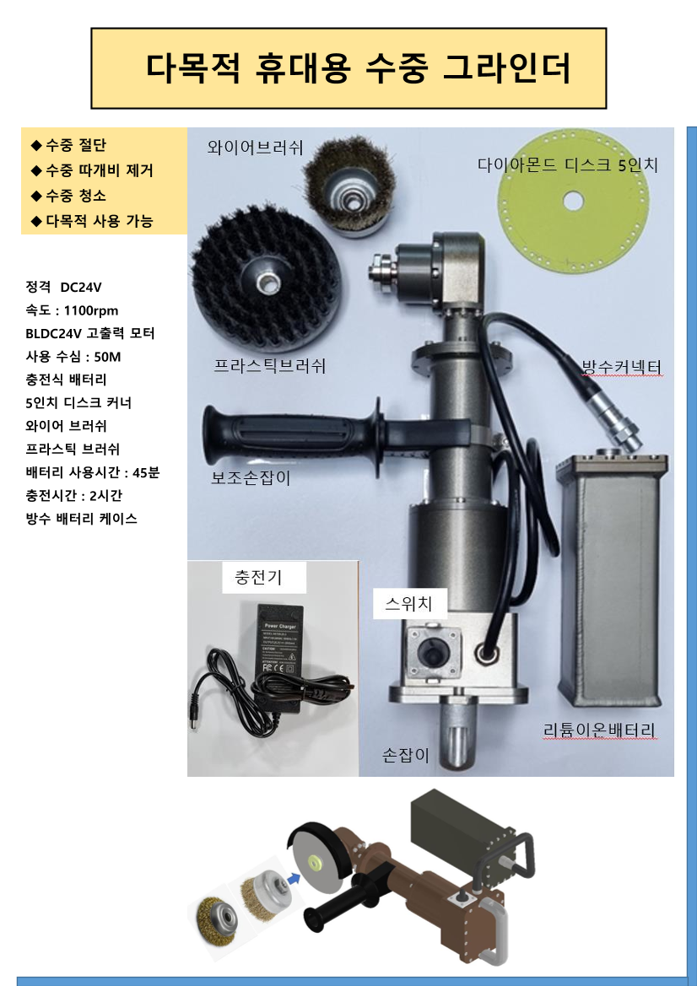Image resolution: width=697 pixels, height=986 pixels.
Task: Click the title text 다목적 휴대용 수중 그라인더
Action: [x=359, y=68]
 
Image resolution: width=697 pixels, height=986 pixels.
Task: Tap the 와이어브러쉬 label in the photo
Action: [x=256, y=147]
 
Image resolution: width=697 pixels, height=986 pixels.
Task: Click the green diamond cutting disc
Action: [x=572, y=201]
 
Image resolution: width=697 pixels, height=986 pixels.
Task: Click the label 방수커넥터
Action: [x=622, y=367]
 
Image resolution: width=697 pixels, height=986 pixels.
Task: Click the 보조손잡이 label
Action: [x=251, y=478]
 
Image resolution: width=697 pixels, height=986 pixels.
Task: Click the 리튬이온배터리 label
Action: [x=599, y=730]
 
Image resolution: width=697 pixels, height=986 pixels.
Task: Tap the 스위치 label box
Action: [x=408, y=604]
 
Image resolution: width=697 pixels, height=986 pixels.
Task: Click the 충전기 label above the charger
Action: [x=258, y=577]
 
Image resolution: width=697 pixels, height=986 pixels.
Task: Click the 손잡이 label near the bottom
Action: [x=406, y=755]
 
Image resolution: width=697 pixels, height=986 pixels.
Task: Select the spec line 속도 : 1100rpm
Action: [x=72, y=310]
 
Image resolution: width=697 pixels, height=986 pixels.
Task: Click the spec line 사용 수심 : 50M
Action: [x=73, y=357]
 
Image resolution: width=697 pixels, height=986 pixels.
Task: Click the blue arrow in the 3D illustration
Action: [x=291, y=878]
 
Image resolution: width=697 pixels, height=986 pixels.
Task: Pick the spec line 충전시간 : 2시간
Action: [x=73, y=495]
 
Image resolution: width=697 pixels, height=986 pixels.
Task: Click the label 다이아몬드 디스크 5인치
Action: [x=567, y=165]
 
